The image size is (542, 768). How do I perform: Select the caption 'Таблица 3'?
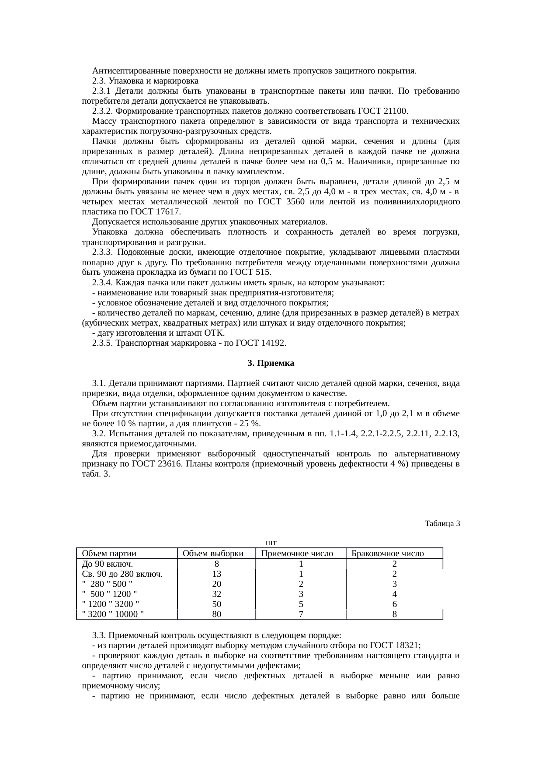(x=442, y=523)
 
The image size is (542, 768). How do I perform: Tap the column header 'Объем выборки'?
(x=213, y=554)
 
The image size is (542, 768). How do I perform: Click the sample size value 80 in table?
(x=216, y=614)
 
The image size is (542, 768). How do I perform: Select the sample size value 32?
(x=216, y=594)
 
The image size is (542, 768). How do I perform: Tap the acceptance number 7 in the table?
(x=301, y=614)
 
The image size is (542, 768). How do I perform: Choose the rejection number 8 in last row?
(x=394, y=614)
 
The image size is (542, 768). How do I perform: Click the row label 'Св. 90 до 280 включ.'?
(x=122, y=574)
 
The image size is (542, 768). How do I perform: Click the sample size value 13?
(x=216, y=574)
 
